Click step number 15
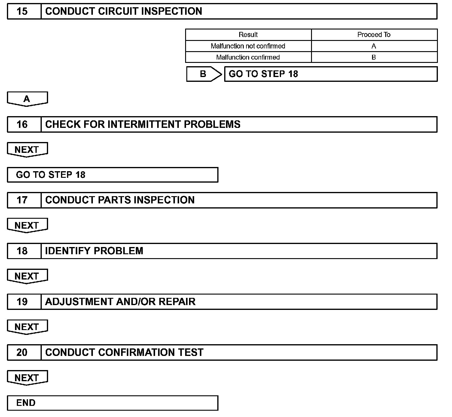pyautogui.click(x=22, y=11)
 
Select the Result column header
pyautogui.click(x=248, y=35)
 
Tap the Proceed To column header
pyautogui.click(x=374, y=35)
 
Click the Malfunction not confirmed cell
pyautogui.click(x=248, y=46)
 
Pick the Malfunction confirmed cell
pyautogui.click(x=248, y=57)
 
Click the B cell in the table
pyautogui.click(x=374, y=57)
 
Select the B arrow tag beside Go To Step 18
pyautogui.click(x=203, y=74)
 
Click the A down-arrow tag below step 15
pyautogui.click(x=27, y=99)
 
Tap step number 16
pyautogui.click(x=22, y=124)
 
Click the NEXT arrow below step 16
pyautogui.click(x=27, y=150)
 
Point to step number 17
pyautogui.click(x=22, y=200)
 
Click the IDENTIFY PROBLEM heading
pyautogui.click(x=94, y=251)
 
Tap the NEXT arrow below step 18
pyautogui.click(x=27, y=276)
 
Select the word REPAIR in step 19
pyautogui.click(x=177, y=302)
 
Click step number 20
pyautogui.click(x=22, y=352)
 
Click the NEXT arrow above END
pyautogui.click(x=27, y=378)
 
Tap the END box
pyautogui.click(x=112, y=403)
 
